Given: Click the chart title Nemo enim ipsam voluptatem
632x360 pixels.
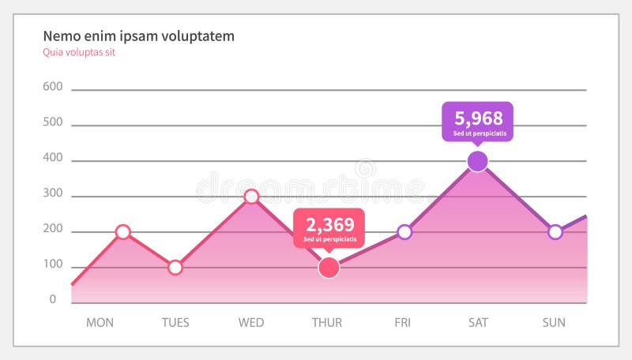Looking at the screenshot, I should tap(138, 36).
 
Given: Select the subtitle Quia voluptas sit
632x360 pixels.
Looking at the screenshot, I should tap(79, 53).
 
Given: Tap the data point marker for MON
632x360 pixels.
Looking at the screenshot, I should tap(122, 232).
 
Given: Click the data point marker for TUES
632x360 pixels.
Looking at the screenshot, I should tap(175, 268).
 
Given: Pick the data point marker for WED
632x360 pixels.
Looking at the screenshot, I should tap(251, 197).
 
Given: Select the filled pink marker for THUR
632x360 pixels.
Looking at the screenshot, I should tap(329, 268).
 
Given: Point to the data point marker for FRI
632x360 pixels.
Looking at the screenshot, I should tap(404, 232).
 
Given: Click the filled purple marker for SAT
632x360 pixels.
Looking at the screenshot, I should tap(477, 161).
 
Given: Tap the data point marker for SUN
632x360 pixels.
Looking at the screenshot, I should tap(555, 232).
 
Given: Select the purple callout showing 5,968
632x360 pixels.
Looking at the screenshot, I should tap(477, 121).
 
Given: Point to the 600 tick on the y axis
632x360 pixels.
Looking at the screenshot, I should tap(52, 87).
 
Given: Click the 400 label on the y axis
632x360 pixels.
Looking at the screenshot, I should tap(52, 158).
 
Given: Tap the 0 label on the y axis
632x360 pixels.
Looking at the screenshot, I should tap(53, 300).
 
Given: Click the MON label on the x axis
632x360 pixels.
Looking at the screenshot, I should tap(100, 322).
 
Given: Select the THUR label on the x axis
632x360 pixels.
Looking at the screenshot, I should tap(327, 322).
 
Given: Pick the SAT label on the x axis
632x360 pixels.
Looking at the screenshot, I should tap(477, 322).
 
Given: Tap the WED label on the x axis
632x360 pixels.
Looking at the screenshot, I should tap(251, 322).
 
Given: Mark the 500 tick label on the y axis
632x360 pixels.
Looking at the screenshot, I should tap(52, 122).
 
